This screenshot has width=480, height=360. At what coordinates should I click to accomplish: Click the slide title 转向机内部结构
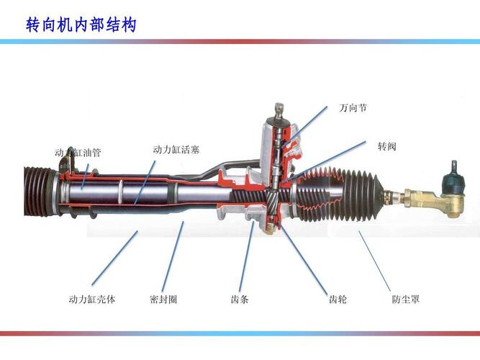pyautogui.click(x=81, y=24)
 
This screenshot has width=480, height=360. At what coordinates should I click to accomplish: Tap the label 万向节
pyautogui.click(x=353, y=108)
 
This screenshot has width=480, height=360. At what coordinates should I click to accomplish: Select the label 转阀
pyautogui.click(x=387, y=146)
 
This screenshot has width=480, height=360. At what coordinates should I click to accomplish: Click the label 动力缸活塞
pyautogui.click(x=176, y=150)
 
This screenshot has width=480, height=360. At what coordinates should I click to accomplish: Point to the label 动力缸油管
pyautogui.click(x=78, y=153)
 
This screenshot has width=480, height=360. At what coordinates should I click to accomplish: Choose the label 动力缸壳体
pyautogui.click(x=92, y=299)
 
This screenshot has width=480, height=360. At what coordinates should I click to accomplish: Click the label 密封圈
pyautogui.click(x=163, y=299)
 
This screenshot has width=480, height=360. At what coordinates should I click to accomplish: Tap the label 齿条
pyautogui.click(x=240, y=299)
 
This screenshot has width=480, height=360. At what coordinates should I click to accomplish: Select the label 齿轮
pyautogui.click(x=338, y=299)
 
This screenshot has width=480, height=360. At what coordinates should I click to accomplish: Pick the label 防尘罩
pyautogui.click(x=406, y=299)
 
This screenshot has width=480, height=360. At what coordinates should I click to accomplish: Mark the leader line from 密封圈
pyautogui.click(x=172, y=256)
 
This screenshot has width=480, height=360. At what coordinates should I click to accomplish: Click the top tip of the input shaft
pyautogui.click(x=276, y=109)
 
